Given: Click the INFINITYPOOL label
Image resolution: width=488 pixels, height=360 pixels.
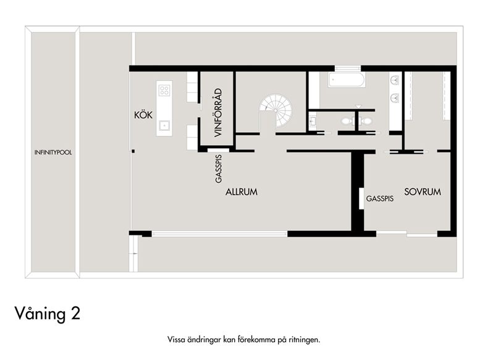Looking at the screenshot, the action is [53, 153].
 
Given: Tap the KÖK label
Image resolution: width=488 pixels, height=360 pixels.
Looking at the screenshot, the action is [143, 115].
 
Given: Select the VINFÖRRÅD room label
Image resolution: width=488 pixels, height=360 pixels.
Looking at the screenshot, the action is [219, 112].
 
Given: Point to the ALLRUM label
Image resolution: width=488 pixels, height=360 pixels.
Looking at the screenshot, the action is [242, 191].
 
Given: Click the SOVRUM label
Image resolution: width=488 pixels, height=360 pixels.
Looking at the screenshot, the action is [423, 191].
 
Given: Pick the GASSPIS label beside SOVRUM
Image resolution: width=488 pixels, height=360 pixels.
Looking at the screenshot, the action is [380, 198].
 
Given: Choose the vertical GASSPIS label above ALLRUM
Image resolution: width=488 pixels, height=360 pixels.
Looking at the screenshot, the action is [219, 169].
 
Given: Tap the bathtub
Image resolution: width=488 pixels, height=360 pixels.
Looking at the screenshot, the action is [346, 80].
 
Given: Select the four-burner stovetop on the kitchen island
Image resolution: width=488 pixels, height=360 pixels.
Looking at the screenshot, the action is [164, 90].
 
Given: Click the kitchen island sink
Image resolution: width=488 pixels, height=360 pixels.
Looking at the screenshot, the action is [164, 125].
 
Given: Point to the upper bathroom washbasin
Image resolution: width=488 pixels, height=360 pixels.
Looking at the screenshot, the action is [395, 80].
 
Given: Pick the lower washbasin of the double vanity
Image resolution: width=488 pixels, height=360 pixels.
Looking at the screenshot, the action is [395, 98].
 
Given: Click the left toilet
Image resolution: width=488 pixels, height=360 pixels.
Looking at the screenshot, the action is [347, 121].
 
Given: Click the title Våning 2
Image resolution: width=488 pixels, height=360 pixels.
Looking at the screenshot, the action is [48, 314].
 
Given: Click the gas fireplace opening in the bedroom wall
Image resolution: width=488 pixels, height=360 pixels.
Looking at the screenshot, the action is [361, 198].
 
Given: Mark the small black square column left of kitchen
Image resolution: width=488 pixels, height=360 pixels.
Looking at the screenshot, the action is [133, 151].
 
